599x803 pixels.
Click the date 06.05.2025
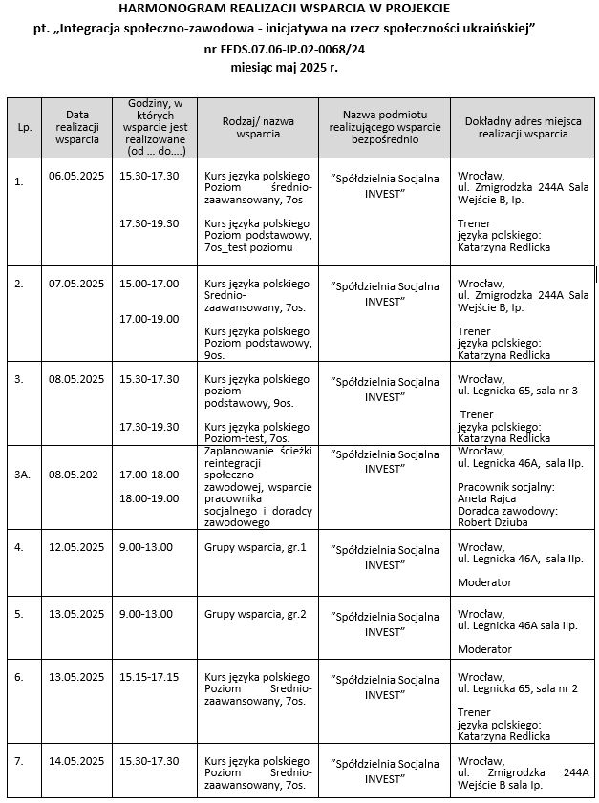point(76,176)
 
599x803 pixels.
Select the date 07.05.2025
point(76,284)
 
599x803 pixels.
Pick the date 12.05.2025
point(76,546)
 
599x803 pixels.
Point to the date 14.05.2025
point(76,760)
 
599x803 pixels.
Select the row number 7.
point(19,760)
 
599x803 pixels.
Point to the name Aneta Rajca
point(485,498)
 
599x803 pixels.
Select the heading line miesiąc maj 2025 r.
point(285,69)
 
